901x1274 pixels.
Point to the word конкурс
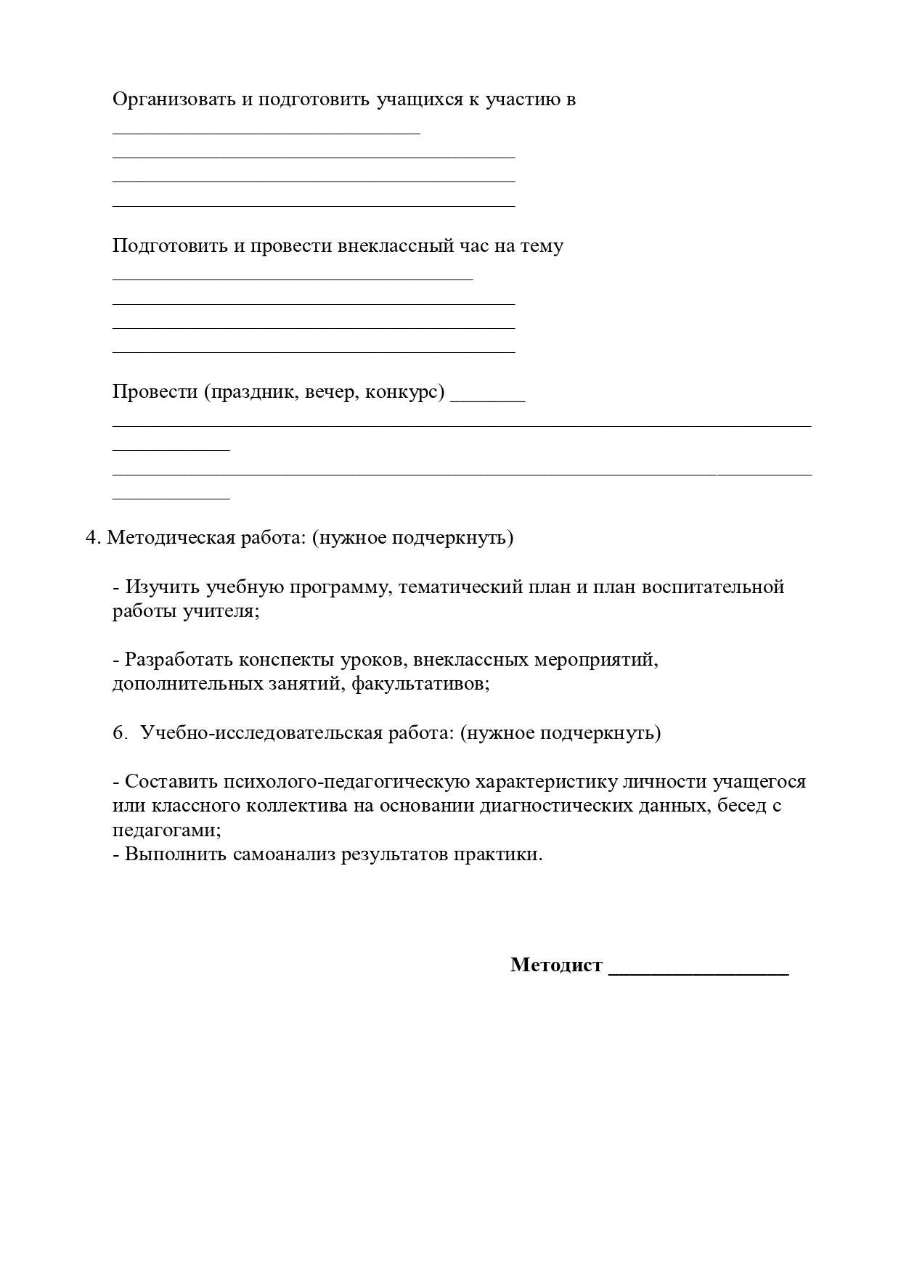tap(401, 392)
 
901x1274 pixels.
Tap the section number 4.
tap(91, 538)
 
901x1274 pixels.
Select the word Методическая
tap(171, 538)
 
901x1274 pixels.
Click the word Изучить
tap(163, 587)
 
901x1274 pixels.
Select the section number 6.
tap(120, 732)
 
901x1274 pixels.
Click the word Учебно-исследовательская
tap(261, 732)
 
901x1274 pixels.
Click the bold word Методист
tap(556, 965)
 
